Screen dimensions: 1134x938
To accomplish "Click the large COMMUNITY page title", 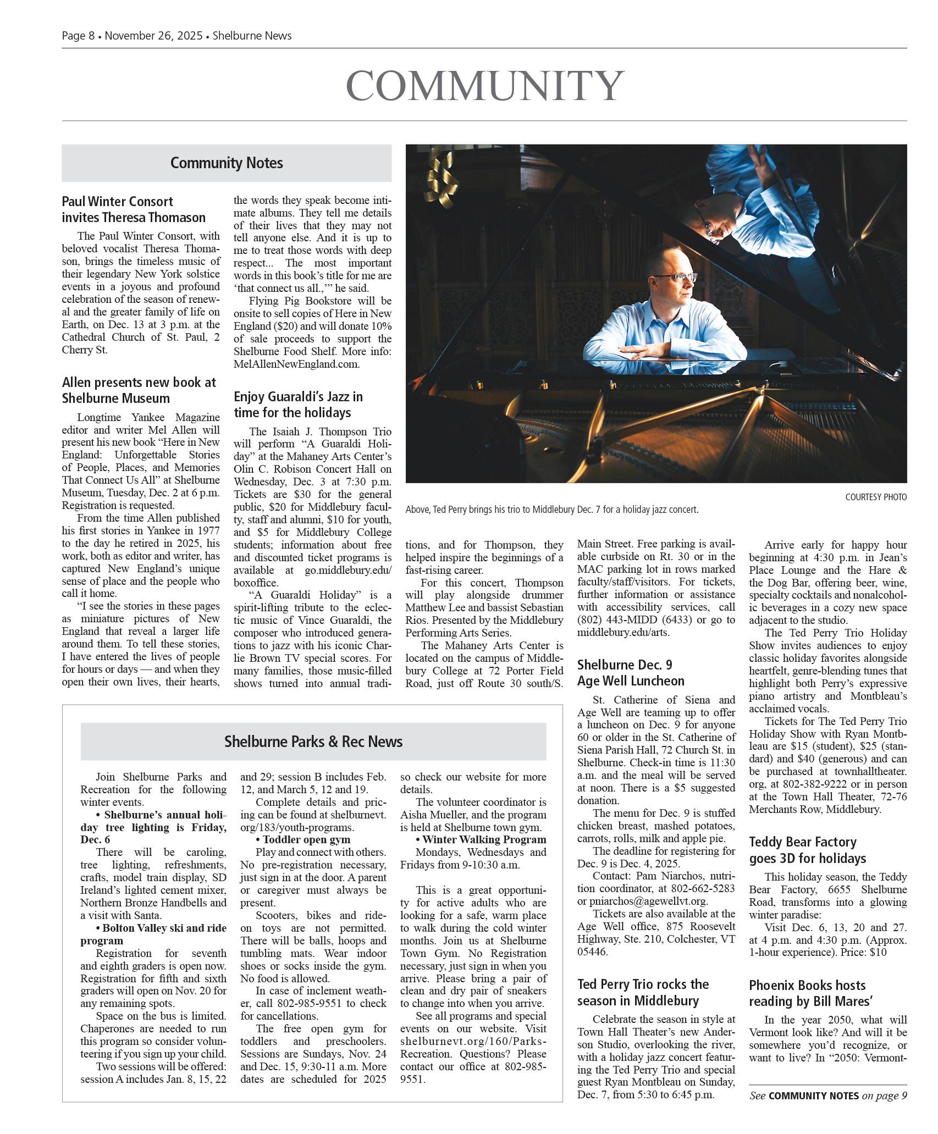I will pos(484,86).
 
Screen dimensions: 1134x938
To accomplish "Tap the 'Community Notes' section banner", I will pos(226,163).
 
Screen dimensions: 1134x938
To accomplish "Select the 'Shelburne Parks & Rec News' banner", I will pos(313,742).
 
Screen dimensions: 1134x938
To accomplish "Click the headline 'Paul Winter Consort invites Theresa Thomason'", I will pos(134,209).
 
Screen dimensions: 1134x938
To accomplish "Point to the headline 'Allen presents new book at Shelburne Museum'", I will pos(139,390).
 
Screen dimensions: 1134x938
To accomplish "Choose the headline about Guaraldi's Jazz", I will pos(298,405).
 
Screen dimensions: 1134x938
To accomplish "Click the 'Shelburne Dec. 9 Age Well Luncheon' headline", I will pos(631,673).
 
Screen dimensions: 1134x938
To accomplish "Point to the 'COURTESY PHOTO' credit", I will pos(875,497).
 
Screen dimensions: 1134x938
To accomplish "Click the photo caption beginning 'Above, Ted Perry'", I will pos(551,510).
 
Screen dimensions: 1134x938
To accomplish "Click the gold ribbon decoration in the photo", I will pos(442,173).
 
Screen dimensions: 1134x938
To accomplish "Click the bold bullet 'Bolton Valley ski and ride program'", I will pos(153,934).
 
